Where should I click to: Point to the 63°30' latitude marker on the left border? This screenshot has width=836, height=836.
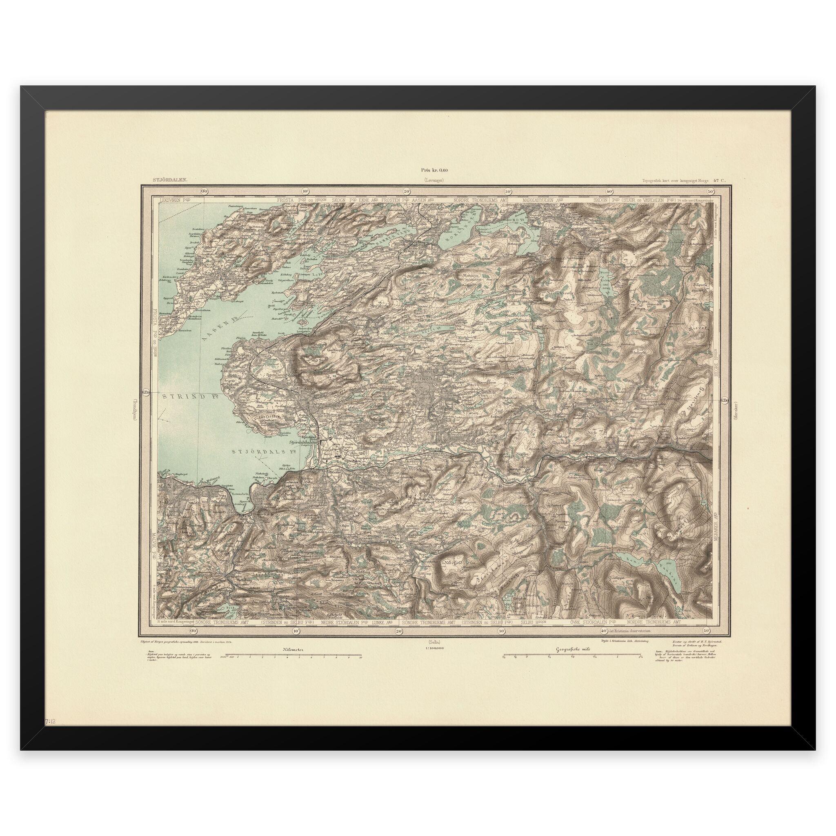click(146, 393)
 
